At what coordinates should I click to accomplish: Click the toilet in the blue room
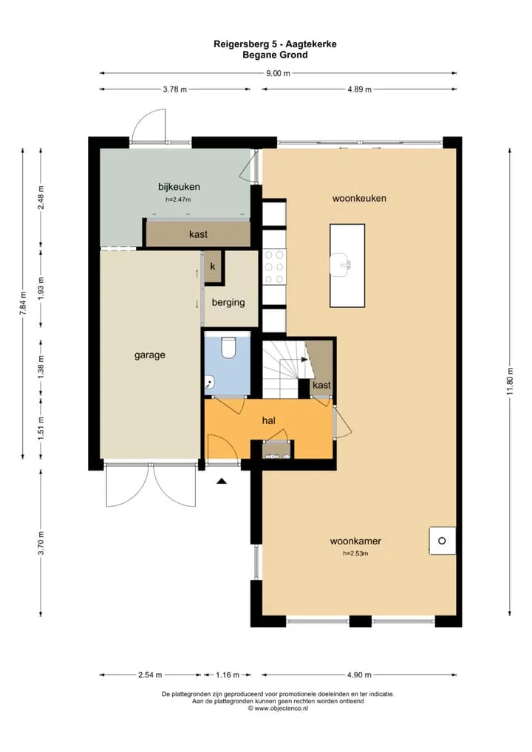[228, 347]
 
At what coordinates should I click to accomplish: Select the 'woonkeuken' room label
[359, 198]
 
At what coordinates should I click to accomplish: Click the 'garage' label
[150, 355]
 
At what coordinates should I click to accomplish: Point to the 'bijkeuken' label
[179, 187]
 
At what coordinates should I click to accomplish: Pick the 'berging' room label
[228, 303]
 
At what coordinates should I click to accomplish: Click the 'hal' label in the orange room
[269, 420]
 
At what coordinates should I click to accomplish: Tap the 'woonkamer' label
[355, 541]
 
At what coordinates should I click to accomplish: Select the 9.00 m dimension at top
[279, 73]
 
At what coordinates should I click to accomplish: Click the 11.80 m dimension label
[510, 381]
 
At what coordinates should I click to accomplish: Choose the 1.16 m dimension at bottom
[228, 674]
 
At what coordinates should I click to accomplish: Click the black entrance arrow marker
[221, 481]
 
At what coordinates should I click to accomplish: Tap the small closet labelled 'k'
[213, 267]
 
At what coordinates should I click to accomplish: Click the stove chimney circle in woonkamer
[442, 541]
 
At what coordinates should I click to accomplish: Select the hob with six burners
[274, 267]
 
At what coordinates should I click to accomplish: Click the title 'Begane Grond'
[275, 55]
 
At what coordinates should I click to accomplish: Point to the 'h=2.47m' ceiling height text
[178, 199]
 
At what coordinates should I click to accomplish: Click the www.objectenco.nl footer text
[278, 708]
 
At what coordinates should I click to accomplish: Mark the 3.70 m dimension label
[41, 543]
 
